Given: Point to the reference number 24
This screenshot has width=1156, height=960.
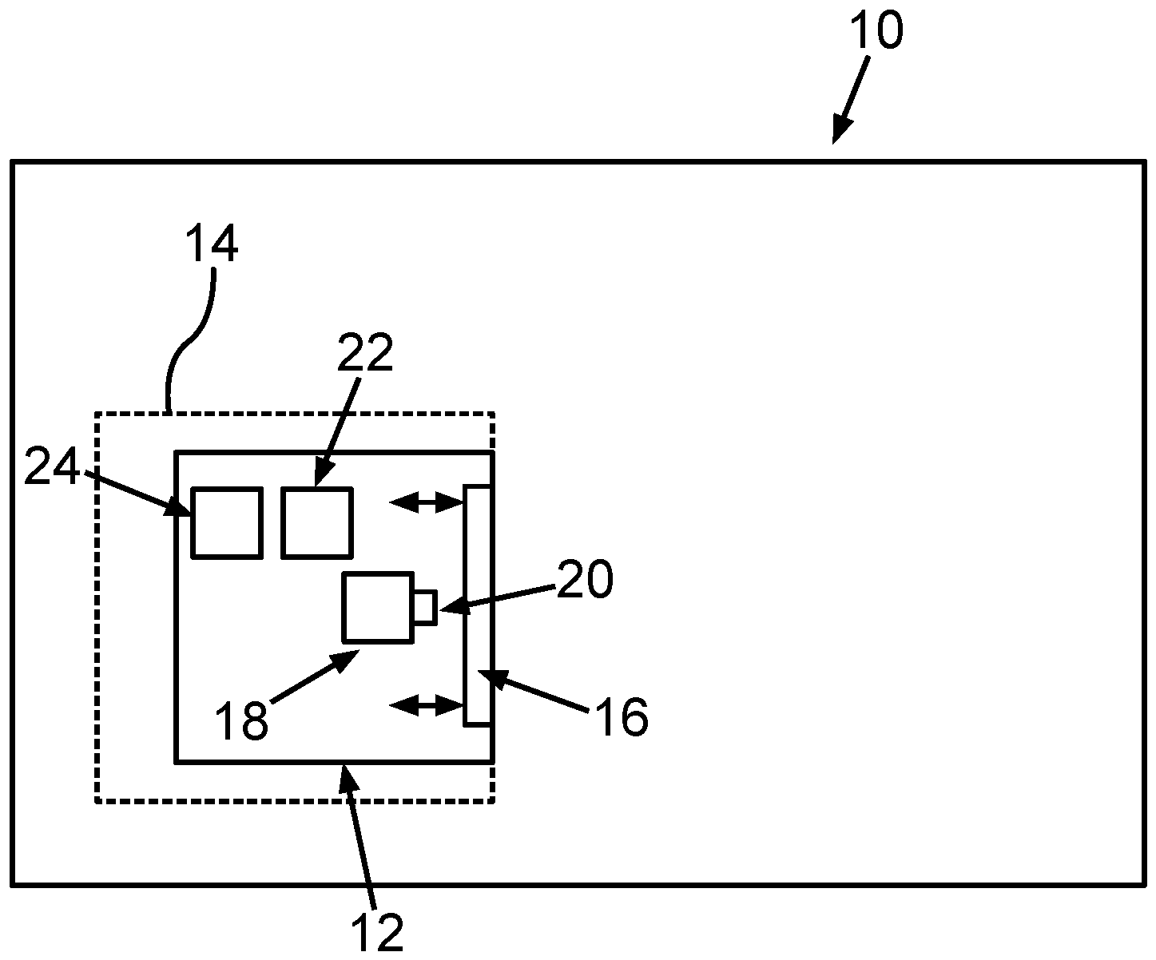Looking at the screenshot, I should click(x=52, y=468).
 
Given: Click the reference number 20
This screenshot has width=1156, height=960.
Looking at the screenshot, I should click(x=585, y=580).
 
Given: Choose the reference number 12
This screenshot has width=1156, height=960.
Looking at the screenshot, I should click(x=378, y=930).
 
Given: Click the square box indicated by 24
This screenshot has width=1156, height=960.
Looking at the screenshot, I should click(x=226, y=522).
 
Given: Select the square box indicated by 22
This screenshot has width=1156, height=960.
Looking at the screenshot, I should click(x=317, y=522).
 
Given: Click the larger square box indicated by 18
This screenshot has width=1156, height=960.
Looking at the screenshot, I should click(x=377, y=607).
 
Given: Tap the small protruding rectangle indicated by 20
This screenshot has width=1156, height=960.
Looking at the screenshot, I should click(x=424, y=607).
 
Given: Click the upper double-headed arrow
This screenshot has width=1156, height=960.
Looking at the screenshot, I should click(x=427, y=502).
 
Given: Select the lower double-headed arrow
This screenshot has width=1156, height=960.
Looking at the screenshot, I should click(x=427, y=704).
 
